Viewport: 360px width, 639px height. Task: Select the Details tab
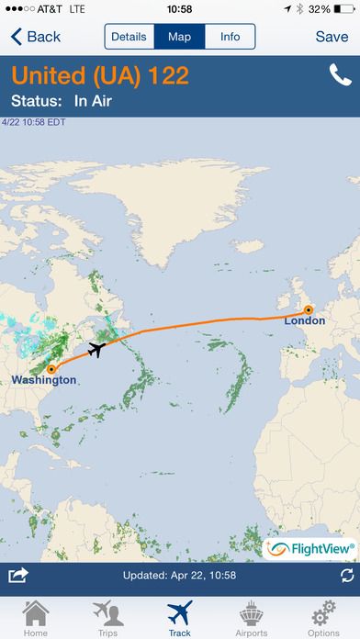129,37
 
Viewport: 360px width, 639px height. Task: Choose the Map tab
179,37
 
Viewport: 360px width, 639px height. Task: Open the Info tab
230,37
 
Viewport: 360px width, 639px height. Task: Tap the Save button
332,37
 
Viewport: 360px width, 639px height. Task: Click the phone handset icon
340,76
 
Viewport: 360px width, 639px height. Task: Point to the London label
304,321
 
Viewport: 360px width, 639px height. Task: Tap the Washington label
44,379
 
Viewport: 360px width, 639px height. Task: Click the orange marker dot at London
309,309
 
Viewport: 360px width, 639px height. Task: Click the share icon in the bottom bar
17,576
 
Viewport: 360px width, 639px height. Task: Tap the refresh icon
346,576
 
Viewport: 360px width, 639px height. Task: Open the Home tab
35,617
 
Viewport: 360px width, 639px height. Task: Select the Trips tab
107,617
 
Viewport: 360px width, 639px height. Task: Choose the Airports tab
252,617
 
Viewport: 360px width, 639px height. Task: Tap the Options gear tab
323,617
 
